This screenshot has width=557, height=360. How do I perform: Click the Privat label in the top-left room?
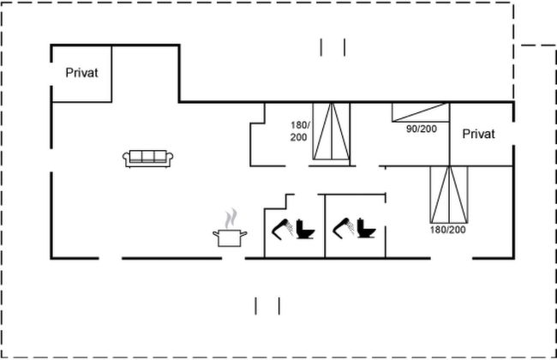(82, 73)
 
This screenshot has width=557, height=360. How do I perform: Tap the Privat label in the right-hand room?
(479, 135)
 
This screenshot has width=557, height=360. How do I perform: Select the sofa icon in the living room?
(149, 158)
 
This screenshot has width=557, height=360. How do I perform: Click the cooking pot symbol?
(230, 237)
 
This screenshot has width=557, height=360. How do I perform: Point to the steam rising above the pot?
(230, 217)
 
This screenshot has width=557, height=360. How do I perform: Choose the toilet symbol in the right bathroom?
(367, 230)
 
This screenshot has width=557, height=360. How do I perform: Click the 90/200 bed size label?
(421, 129)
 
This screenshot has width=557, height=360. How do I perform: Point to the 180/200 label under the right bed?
(449, 230)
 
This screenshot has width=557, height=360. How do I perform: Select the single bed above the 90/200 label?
(421, 112)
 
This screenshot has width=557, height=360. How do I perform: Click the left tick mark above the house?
(321, 47)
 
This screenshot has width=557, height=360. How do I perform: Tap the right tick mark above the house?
(344, 47)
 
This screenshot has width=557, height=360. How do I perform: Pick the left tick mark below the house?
(256, 304)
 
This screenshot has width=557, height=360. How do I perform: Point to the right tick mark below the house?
(279, 304)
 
